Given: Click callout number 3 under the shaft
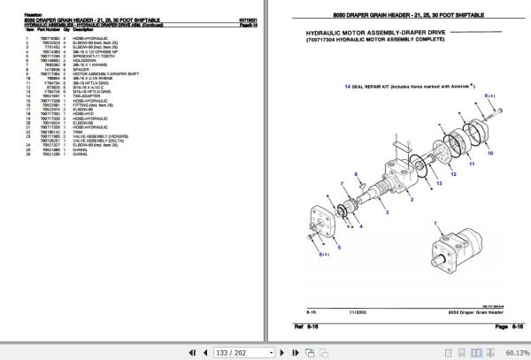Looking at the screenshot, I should point(387,213).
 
